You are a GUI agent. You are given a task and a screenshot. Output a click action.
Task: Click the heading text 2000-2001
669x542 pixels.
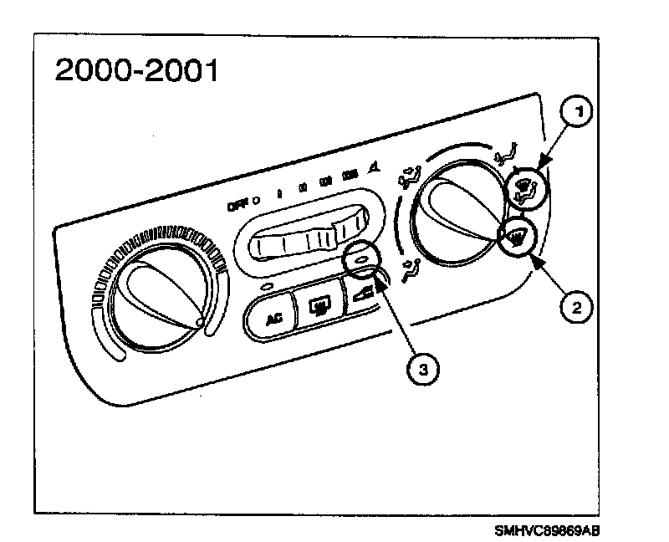[136, 71]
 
